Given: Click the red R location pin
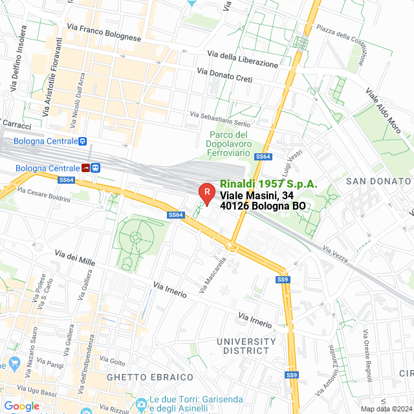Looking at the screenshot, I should tap(206, 192).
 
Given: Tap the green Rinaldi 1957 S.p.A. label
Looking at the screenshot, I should tap(268, 184).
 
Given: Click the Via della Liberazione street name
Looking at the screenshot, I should tap(243, 60).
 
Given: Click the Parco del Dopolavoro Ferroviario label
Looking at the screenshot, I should tap(228, 143).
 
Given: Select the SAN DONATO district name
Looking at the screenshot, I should tap(378, 180).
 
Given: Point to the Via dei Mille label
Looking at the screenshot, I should tap(75, 258).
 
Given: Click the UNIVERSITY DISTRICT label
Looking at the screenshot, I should tap(246, 345).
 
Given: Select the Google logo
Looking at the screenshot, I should tap(21, 406).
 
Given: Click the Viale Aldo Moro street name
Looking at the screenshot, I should tap(387, 111).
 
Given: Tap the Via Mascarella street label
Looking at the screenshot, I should tap(213, 278).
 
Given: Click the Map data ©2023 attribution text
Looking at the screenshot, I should tap(386, 409).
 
